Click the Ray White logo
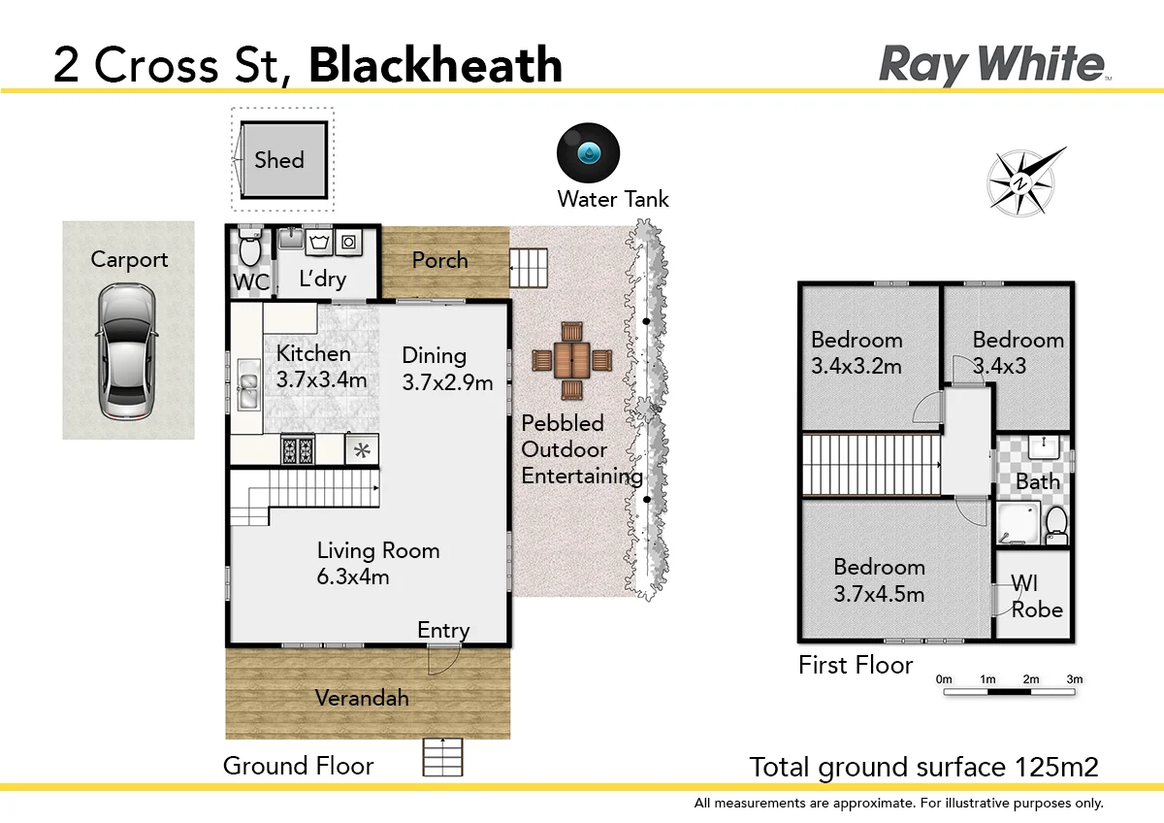992,64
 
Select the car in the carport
127,350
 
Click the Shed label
279,160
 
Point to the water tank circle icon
588,153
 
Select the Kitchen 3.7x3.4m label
321,366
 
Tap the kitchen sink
246,389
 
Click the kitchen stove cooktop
298,449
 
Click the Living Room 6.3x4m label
378,563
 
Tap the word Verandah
362,698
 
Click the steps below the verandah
443,757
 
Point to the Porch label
439,260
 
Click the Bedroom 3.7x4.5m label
879,579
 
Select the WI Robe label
1036,597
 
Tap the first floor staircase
870,465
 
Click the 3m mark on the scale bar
1074,680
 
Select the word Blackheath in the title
436,65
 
